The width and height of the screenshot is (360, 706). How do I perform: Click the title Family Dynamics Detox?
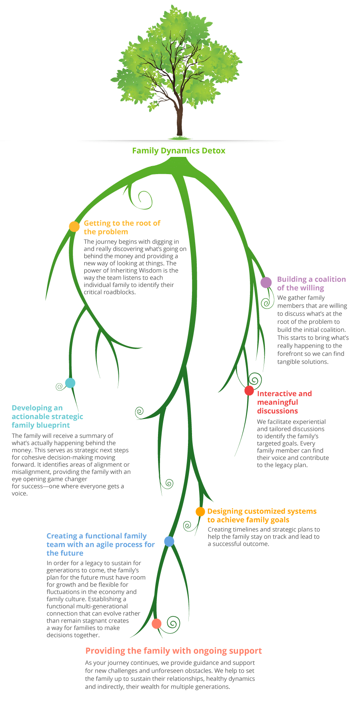pyautogui.click(x=179, y=151)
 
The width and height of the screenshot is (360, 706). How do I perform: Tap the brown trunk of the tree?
pyautogui.click(x=180, y=120)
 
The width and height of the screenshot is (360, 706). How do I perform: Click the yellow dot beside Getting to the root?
pyautogui.click(x=74, y=227)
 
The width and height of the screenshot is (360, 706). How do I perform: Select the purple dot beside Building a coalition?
pyautogui.click(x=266, y=283)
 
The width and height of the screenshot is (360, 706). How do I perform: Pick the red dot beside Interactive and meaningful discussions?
pyautogui.click(x=249, y=391)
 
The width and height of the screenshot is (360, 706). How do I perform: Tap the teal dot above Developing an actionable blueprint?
pyautogui.click(x=70, y=383)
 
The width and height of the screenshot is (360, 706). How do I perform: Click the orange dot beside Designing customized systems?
pyautogui.click(x=200, y=511)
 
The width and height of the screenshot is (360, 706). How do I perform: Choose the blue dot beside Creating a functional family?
pyautogui.click(x=169, y=542)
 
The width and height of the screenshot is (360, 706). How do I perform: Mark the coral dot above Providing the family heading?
pyautogui.click(x=157, y=624)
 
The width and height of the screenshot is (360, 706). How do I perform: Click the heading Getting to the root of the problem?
pyautogui.click(x=122, y=227)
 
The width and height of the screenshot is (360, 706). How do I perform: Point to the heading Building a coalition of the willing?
pyautogui.click(x=312, y=283)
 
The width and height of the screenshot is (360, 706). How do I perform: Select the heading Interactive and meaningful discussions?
pyautogui.click(x=284, y=402)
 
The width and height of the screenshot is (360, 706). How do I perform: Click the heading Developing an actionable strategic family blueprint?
pyautogui.click(x=48, y=417)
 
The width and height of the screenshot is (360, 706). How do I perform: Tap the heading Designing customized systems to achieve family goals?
pyautogui.click(x=262, y=515)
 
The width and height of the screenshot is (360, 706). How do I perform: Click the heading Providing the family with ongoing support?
pyautogui.click(x=174, y=651)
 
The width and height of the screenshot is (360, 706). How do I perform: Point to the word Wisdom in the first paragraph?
pyautogui.click(x=150, y=271)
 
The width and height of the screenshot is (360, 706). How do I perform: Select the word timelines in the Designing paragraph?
pyautogui.click(x=246, y=529)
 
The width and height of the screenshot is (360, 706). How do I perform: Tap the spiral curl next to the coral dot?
pyautogui.click(x=173, y=624)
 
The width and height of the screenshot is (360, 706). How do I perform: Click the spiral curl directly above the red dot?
pyautogui.click(x=255, y=379)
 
